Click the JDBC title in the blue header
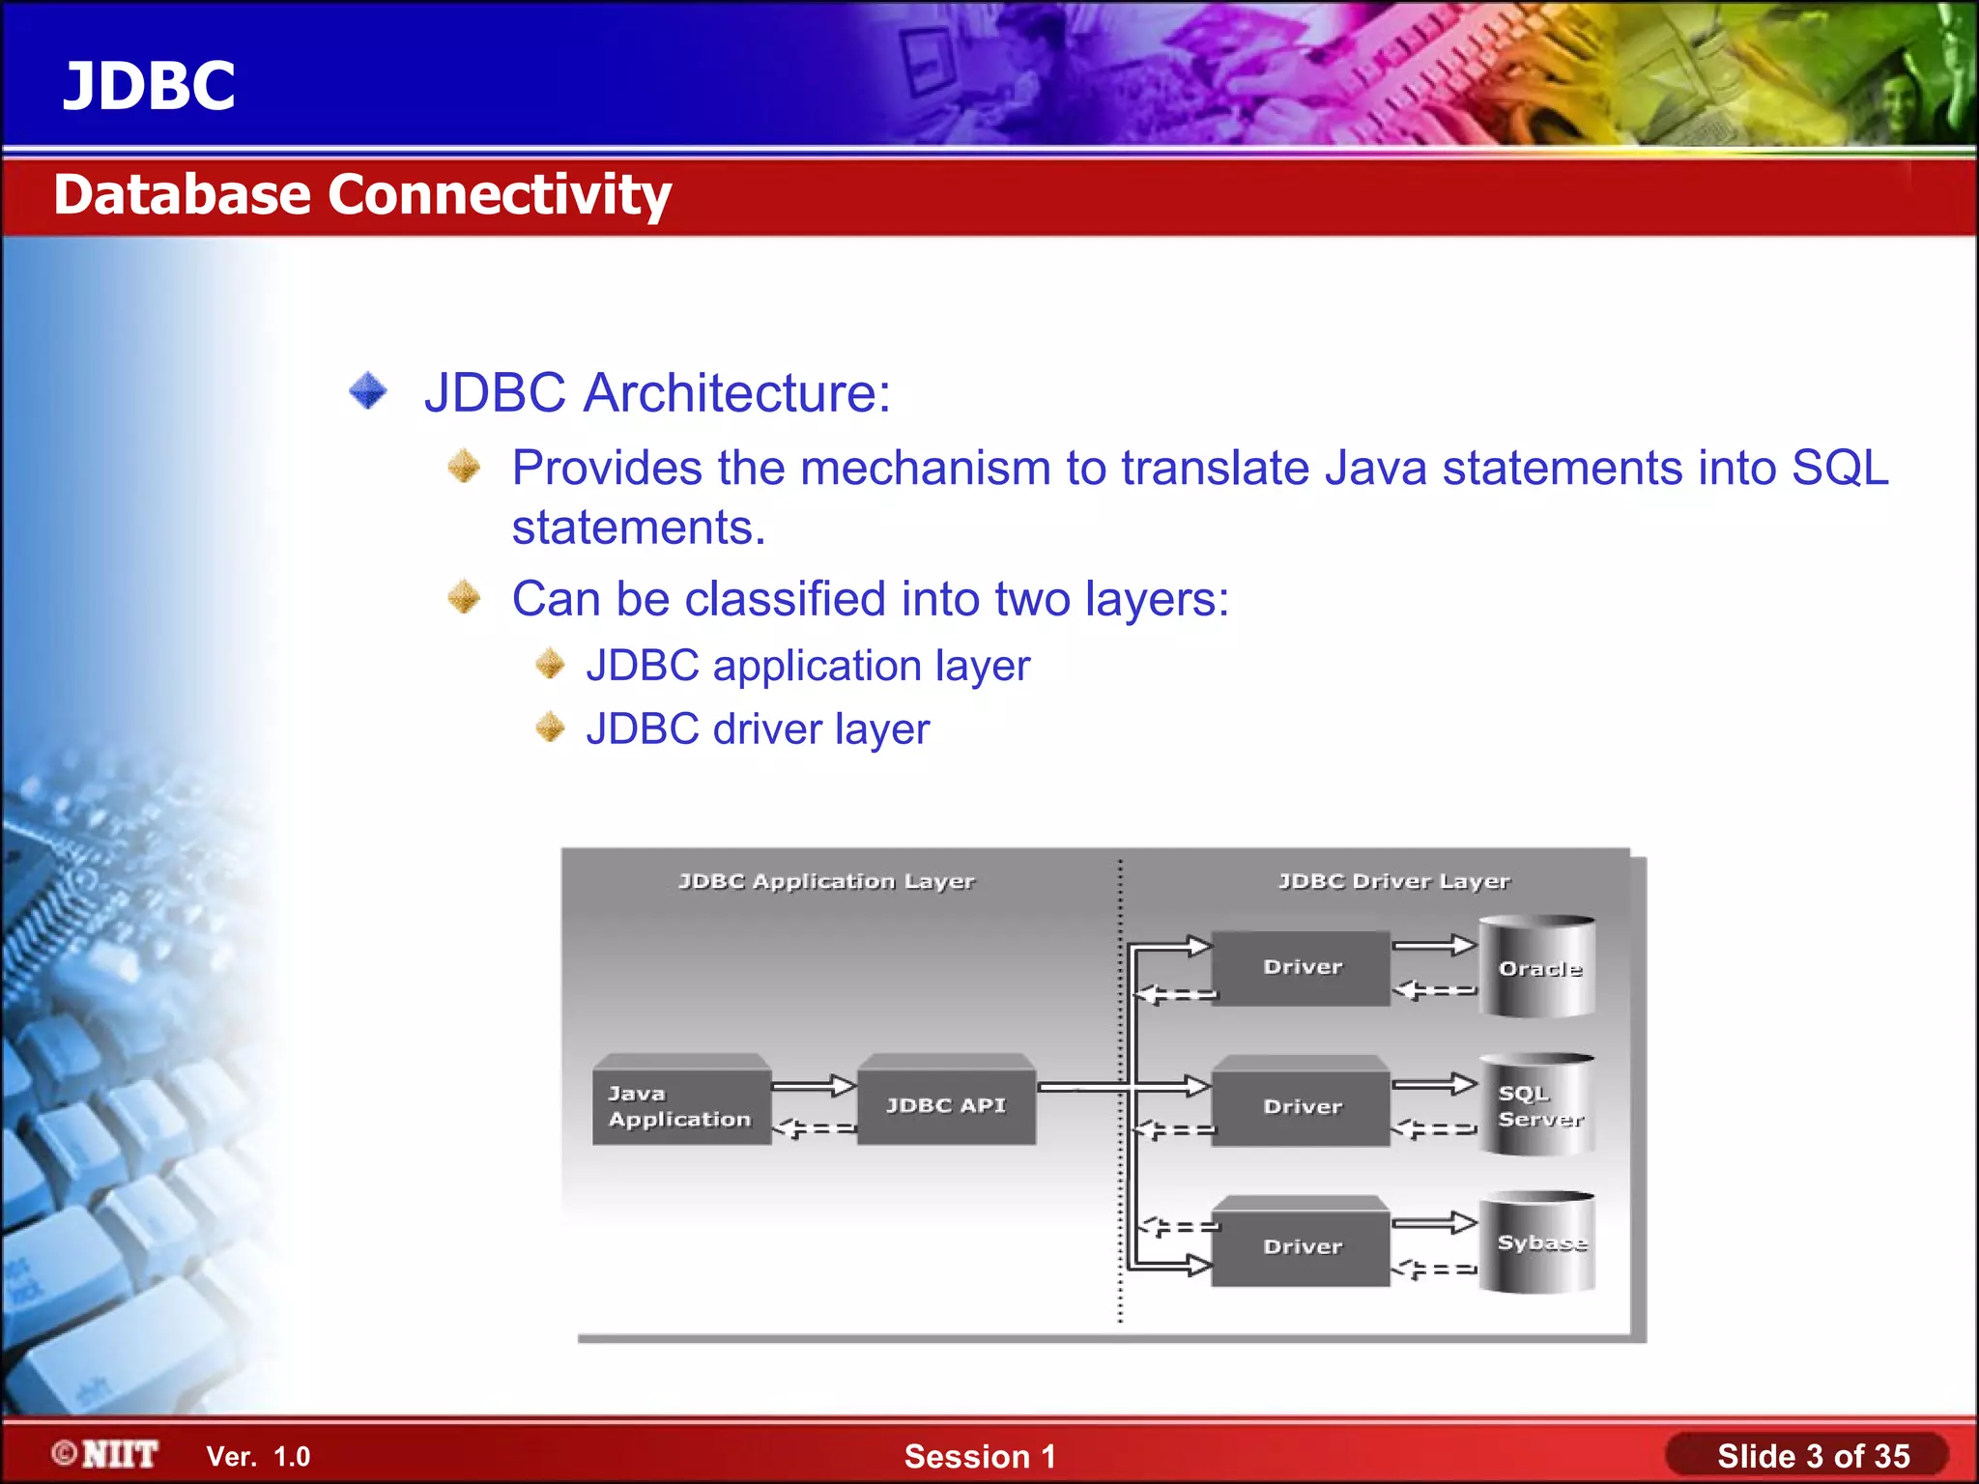point(149,85)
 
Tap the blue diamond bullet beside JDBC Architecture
point(368,391)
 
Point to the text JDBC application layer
point(808,666)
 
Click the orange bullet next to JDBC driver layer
point(550,727)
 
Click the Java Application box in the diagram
point(680,1105)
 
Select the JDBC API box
point(946,1105)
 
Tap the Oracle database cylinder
point(1537,967)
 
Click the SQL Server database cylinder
point(1537,1105)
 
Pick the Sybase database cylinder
point(1537,1243)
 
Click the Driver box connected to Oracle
point(1302,967)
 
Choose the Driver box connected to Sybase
point(1302,1245)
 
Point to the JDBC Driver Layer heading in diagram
point(1393,881)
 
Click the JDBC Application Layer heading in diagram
point(826,881)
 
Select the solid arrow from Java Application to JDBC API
point(814,1086)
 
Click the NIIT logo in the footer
point(106,1454)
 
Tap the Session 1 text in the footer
point(980,1456)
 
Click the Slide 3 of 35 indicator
point(1813,1456)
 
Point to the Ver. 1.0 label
point(258,1457)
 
